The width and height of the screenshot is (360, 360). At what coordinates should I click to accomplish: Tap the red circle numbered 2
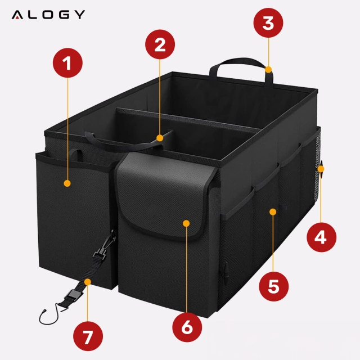pos(160,45)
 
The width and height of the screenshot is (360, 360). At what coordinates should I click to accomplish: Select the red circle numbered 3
pos(268,24)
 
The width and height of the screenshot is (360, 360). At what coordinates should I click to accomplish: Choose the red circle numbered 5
pos(273,286)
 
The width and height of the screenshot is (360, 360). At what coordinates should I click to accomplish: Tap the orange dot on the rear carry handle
pos(269,70)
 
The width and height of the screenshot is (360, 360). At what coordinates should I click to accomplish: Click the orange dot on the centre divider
pos(160,137)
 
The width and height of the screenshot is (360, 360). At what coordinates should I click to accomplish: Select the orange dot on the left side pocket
pos(67,183)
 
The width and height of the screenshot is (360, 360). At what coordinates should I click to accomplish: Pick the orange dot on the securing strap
pos(88,281)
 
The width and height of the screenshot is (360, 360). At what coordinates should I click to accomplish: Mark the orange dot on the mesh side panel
pos(272,211)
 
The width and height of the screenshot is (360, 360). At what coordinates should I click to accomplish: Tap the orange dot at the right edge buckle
pos(321,167)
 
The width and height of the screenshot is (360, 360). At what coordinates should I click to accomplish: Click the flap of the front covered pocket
pos(163,194)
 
